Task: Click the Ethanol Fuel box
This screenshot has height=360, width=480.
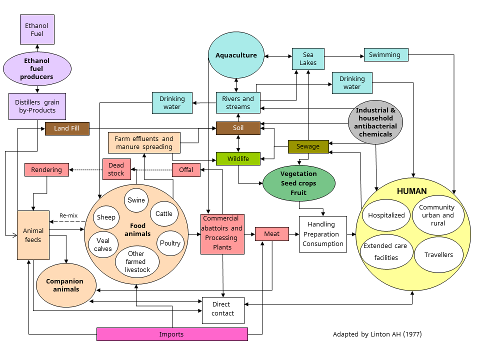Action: pos(37,29)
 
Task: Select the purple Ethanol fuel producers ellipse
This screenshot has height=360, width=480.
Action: pos(37,69)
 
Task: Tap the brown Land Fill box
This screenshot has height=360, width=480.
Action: pos(67,128)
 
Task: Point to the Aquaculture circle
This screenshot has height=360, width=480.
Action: pos(236,55)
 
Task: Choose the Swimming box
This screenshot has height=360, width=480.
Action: pos(385,55)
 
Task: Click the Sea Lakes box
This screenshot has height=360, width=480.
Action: pos(308,59)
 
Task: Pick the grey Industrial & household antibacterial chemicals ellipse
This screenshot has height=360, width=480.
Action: pos(375,122)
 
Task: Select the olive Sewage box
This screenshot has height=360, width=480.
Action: pos(308,146)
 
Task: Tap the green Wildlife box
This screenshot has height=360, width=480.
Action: pos(238,158)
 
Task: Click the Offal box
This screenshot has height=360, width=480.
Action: pos(186,170)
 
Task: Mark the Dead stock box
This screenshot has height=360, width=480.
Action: pos(116,169)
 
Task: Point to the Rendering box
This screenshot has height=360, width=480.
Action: pos(46,170)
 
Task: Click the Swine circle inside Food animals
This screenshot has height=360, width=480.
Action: pos(136,200)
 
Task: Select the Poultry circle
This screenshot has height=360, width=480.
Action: pos(170,243)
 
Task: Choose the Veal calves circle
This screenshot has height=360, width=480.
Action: pos(103,244)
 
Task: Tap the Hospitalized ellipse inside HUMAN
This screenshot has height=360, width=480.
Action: pos(386,215)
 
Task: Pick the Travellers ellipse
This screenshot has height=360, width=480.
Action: pos(438,255)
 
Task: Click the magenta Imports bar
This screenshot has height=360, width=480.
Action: pos(171,334)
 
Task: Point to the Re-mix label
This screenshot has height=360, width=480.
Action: pos(68,215)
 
